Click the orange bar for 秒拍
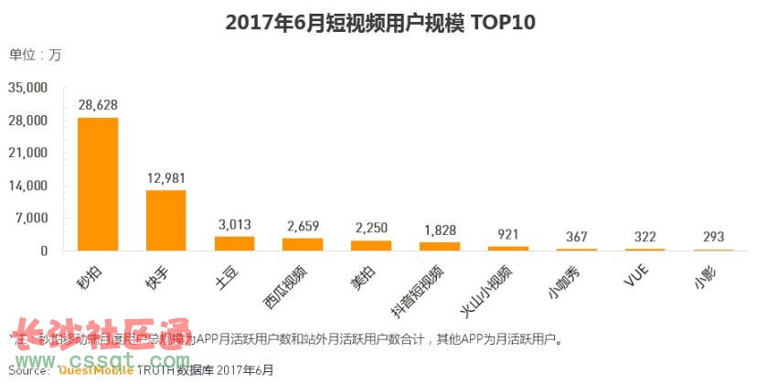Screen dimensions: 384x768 98,184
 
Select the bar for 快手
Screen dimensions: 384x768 165,220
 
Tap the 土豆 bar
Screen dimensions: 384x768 234,243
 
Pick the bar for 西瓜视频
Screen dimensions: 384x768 303,244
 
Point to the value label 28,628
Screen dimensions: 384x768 98,106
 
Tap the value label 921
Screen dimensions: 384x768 507,235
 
